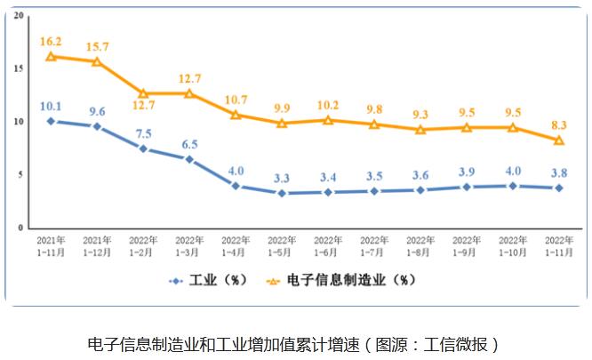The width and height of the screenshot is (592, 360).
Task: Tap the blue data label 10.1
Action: tap(51, 106)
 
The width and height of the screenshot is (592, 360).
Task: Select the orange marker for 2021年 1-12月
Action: tap(97, 61)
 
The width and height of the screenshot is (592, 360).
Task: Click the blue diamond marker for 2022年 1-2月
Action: tap(143, 148)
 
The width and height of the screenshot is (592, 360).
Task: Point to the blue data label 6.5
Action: tap(188, 143)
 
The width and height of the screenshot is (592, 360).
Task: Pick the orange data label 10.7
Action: tap(236, 100)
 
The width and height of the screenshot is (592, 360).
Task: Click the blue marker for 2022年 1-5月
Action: tap(282, 193)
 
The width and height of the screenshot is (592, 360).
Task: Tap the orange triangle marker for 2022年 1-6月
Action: tap(328, 120)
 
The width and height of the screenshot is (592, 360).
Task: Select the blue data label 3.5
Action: tap(374, 176)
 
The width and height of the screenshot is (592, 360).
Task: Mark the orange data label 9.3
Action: tap(420, 115)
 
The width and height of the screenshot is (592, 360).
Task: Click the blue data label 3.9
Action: tap(467, 172)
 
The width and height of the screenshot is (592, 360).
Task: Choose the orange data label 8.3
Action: tap(559, 125)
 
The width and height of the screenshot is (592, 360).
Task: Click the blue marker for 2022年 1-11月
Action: tap(559, 188)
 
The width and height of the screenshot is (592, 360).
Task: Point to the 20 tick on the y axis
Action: tap(20, 16)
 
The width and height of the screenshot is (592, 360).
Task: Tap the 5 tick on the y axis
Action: tap(21, 175)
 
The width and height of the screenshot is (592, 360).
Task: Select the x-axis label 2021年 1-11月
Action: tap(51, 246)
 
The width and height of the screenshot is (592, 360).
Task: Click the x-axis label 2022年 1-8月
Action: tap(420, 246)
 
